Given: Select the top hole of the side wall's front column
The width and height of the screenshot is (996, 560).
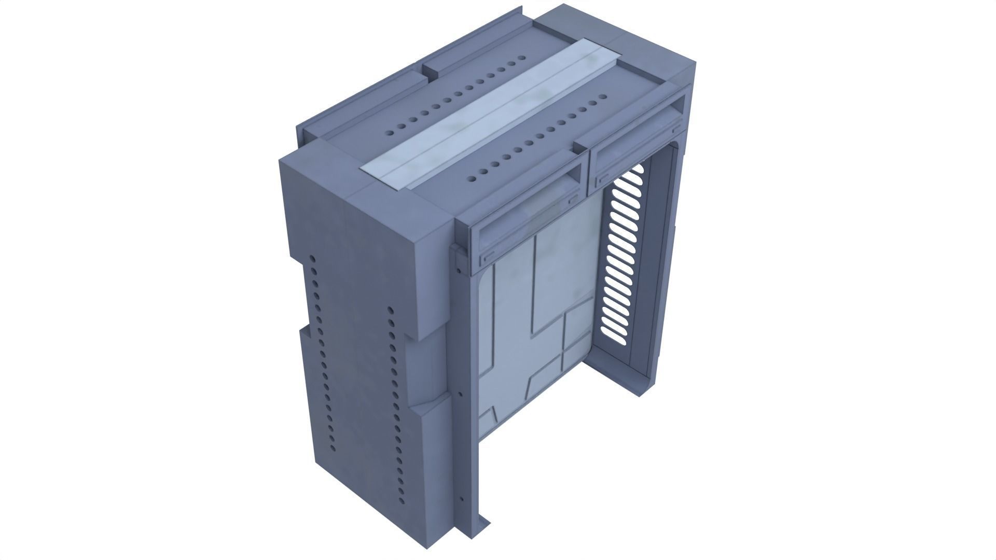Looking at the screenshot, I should coord(390,311).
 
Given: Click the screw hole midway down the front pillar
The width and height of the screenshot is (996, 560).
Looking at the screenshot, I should coord(460,394).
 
